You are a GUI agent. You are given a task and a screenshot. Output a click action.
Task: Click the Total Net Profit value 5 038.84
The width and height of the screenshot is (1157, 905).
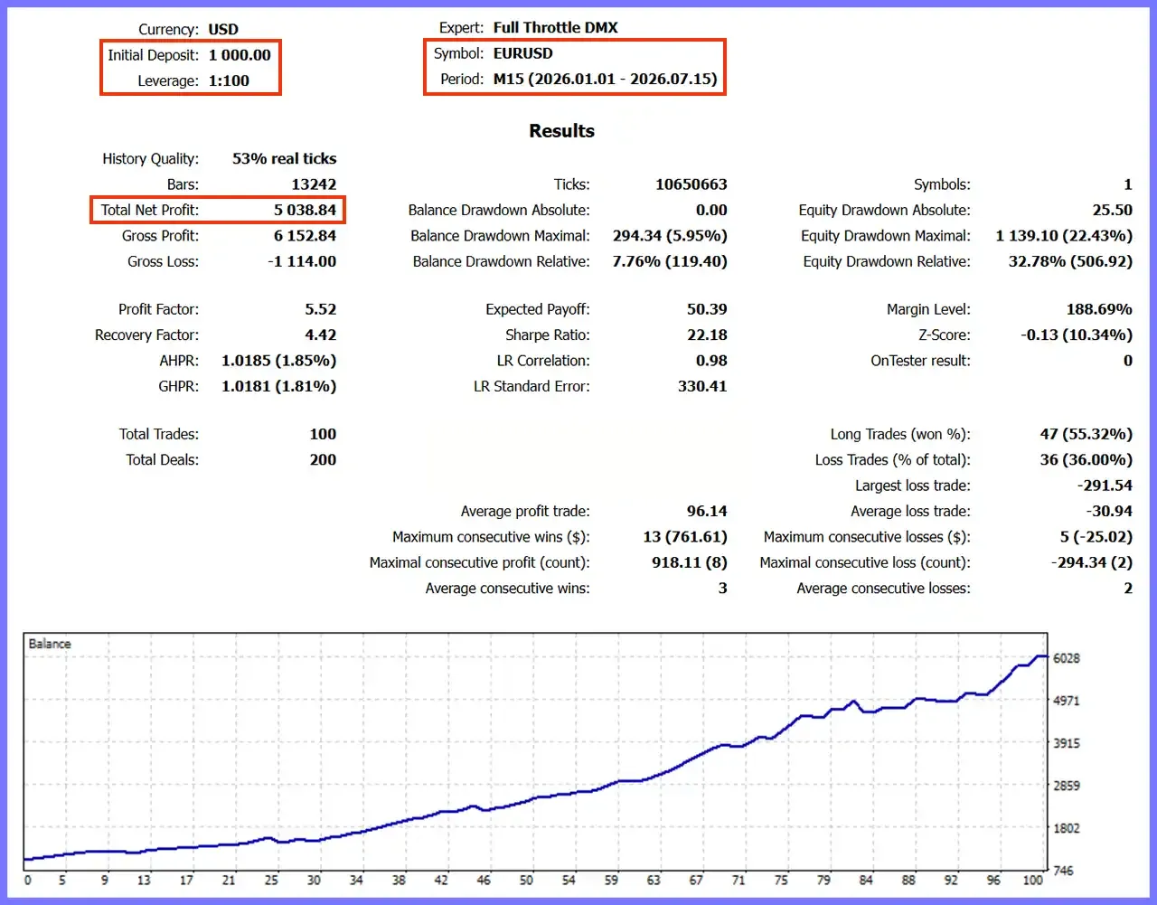click(306, 210)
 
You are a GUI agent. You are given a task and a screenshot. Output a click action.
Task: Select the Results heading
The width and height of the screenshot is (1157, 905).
click(561, 131)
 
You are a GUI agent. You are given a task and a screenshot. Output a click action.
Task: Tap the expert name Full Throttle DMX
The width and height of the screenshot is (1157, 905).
click(555, 28)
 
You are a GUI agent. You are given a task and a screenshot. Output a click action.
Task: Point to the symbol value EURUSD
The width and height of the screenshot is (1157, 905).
click(522, 53)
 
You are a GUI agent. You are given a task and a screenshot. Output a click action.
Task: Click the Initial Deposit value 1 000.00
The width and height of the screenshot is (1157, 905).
click(240, 55)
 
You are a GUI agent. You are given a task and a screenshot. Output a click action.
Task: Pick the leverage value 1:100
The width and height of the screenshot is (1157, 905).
click(229, 80)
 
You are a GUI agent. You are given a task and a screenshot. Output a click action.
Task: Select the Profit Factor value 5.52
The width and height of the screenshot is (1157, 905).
click(321, 309)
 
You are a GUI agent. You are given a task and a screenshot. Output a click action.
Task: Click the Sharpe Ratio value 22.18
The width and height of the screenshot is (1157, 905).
click(707, 335)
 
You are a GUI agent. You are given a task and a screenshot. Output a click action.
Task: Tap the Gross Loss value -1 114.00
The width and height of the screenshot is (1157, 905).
click(302, 261)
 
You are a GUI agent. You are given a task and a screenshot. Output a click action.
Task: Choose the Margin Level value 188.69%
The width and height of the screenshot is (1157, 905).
click(1099, 309)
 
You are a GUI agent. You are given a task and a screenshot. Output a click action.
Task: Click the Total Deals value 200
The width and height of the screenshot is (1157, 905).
click(324, 459)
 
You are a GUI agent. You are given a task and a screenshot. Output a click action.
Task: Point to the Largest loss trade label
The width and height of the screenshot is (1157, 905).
click(913, 485)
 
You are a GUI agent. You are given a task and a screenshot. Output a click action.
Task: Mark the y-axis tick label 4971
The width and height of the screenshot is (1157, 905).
click(1067, 701)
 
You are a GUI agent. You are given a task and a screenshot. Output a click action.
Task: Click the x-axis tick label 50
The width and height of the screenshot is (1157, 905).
click(526, 880)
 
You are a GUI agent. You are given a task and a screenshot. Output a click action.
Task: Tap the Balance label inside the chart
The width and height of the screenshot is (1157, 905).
click(50, 644)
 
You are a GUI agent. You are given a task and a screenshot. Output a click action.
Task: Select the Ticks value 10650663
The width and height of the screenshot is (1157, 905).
click(691, 184)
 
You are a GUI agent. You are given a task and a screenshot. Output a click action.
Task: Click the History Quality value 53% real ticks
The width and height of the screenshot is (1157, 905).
click(285, 158)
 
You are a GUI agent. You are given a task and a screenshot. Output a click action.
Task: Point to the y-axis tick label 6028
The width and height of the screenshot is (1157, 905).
click(1067, 658)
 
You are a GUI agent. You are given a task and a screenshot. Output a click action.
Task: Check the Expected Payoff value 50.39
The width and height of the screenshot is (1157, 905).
click(707, 309)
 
